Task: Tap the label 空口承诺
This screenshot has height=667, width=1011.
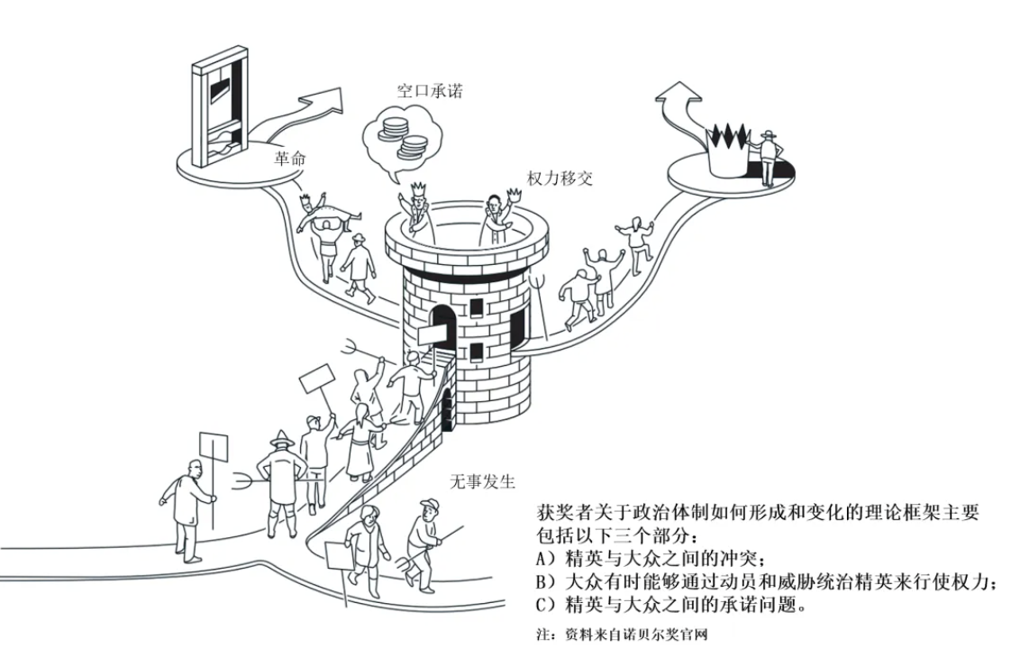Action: [x=430, y=91]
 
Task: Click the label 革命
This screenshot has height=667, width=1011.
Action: [x=290, y=159]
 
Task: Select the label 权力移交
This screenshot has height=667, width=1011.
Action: [x=560, y=177]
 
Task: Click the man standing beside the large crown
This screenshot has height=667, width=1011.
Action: [x=767, y=158]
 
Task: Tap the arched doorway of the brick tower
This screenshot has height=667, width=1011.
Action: [x=442, y=325]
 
